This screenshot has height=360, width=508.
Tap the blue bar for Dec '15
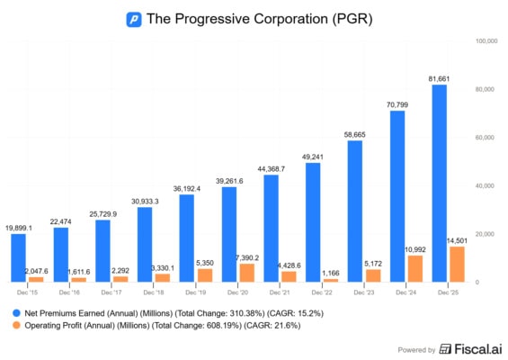pos(18,258)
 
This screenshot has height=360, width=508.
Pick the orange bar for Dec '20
pos(247,273)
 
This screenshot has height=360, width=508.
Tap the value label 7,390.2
pos(248,258)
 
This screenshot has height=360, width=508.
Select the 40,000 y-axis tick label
pos(486,186)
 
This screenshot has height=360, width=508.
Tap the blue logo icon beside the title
pos(133,18)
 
